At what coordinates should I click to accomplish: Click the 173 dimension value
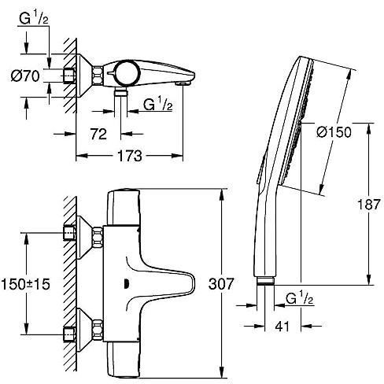tap(130, 156)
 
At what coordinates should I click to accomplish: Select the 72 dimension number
tap(98, 134)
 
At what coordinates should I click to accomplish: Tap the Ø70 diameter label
tap(25, 76)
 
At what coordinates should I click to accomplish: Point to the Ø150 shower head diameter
tap(334, 132)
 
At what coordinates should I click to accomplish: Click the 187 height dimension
tap(369, 205)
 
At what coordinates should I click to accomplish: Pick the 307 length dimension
tap(221, 284)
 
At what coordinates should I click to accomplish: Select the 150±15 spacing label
tap(25, 284)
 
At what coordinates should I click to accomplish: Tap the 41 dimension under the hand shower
tap(282, 327)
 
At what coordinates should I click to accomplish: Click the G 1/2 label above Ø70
tap(34, 18)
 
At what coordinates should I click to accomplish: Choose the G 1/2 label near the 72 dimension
tap(158, 104)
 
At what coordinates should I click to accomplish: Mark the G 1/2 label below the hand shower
tap(300, 298)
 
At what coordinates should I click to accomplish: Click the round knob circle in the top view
tap(126, 73)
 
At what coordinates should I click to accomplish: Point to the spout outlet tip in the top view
tap(183, 83)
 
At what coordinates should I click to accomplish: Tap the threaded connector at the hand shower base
tap(265, 281)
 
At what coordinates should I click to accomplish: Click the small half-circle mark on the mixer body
tap(126, 284)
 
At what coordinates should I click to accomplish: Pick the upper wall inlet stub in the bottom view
tap(70, 233)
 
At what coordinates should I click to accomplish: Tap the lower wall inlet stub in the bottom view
tap(70, 334)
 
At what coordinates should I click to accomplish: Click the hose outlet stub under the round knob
tap(120, 93)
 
